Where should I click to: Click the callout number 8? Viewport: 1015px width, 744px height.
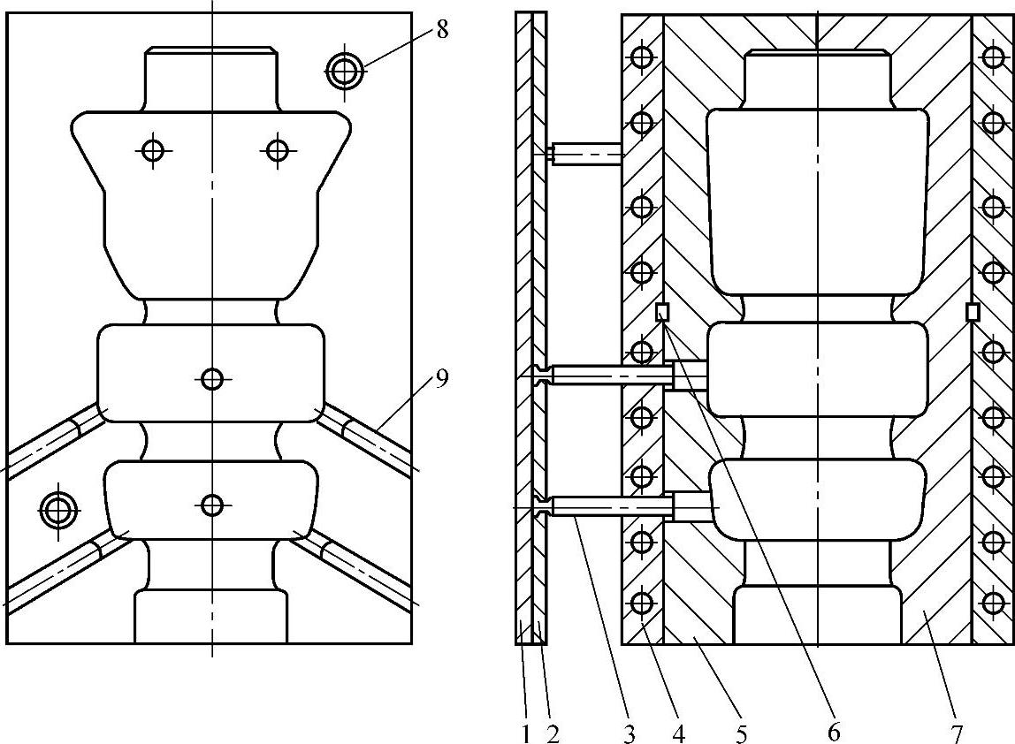pyautogui.click(x=442, y=29)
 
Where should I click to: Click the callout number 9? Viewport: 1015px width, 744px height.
pyautogui.click(x=442, y=379)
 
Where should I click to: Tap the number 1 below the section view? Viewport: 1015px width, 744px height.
pyautogui.click(x=524, y=733)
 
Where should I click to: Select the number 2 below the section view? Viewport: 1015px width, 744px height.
pyautogui.click(x=553, y=733)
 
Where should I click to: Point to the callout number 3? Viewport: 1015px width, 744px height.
pyautogui.click(x=629, y=733)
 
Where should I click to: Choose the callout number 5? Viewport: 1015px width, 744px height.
pyautogui.click(x=741, y=733)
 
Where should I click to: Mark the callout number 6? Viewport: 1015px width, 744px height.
pyautogui.click(x=832, y=733)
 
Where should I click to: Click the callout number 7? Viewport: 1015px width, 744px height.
pyautogui.click(x=958, y=733)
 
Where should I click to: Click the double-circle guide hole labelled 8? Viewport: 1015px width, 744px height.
pyautogui.click(x=345, y=71)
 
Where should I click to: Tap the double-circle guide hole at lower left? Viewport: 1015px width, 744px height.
pyautogui.click(x=59, y=508)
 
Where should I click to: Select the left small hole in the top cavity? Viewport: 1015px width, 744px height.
pyautogui.click(x=154, y=150)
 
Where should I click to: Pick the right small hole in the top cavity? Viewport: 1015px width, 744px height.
pyautogui.click(x=278, y=150)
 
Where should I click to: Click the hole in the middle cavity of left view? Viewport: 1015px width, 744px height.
pyautogui.click(x=211, y=379)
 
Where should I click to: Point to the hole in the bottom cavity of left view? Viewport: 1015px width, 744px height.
pyautogui.click(x=211, y=505)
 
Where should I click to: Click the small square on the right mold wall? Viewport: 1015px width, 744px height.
pyautogui.click(x=973, y=312)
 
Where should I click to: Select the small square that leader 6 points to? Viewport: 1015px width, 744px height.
pyautogui.click(x=661, y=312)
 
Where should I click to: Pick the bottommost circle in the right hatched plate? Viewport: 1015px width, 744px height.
pyautogui.click(x=992, y=603)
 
